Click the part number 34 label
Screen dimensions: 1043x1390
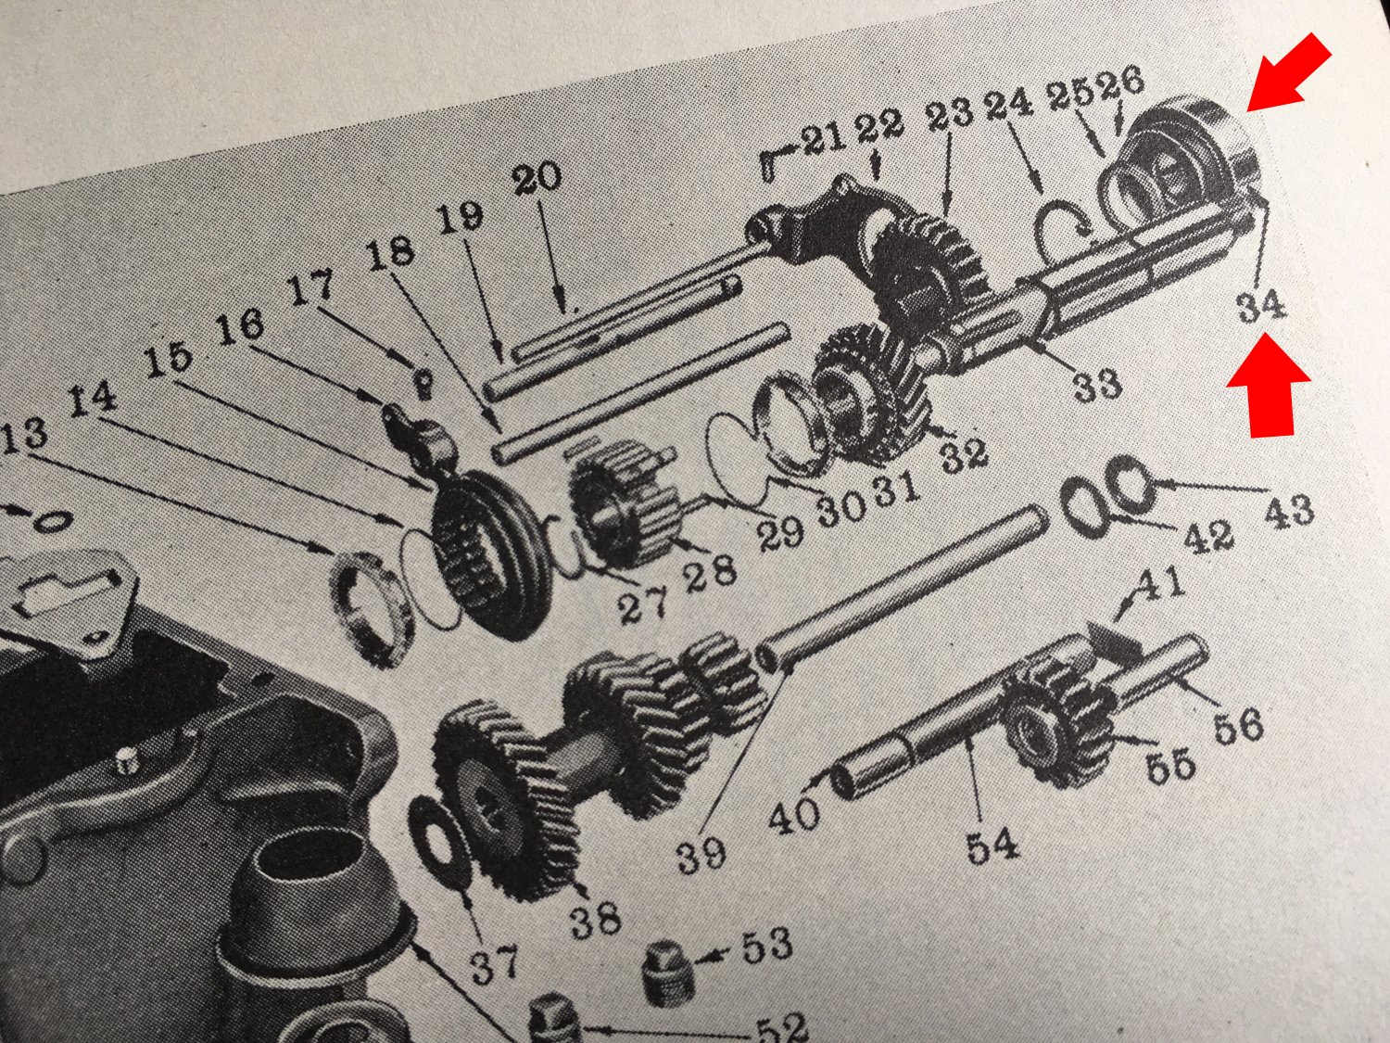pyautogui.click(x=1262, y=305)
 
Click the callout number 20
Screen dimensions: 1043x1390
pyautogui.click(x=536, y=176)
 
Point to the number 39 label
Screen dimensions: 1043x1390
pyautogui.click(x=700, y=853)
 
